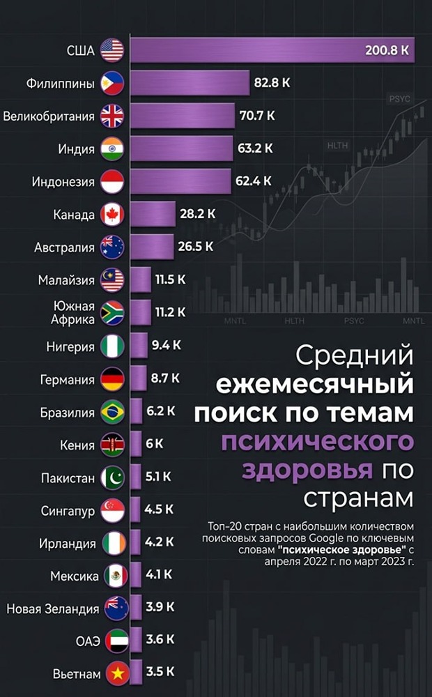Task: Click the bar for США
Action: [x=272, y=50]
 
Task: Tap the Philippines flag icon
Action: [x=112, y=83]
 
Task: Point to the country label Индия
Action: [x=77, y=149]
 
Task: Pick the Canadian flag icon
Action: [x=112, y=215]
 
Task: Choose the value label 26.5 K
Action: [x=196, y=246]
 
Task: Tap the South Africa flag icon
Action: [x=112, y=312]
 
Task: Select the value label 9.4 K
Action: [x=167, y=344]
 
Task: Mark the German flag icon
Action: [x=112, y=379]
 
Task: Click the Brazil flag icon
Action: [x=112, y=412]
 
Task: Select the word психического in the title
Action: [x=318, y=442]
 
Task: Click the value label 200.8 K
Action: [x=386, y=51]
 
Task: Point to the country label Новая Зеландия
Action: [x=53, y=609]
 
